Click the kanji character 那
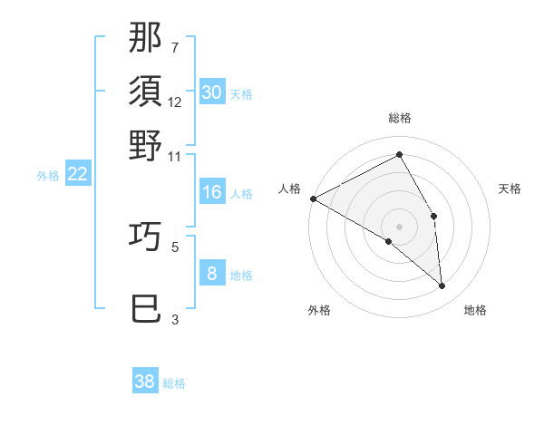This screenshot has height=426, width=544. click(145, 38)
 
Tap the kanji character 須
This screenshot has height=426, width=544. click(145, 92)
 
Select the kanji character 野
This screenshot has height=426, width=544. click(145, 145)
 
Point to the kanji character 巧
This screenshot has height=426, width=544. click(145, 236)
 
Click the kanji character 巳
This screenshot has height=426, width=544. click(145, 309)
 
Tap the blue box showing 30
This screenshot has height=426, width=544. click(212, 92)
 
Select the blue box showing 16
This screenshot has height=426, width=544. click(212, 192)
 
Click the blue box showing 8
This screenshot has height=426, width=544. click(212, 274)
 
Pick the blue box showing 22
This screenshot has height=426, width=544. click(78, 175)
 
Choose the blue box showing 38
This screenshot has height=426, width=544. click(145, 382)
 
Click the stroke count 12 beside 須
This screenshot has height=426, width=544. click(175, 102)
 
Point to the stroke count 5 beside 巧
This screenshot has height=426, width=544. click(175, 246)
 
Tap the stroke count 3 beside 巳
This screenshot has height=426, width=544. click(175, 319)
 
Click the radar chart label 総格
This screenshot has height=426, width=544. click(399, 119)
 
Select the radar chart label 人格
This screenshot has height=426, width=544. click(290, 189)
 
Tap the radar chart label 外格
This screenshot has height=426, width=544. click(319, 311)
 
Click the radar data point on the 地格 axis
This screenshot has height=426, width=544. click(442, 286)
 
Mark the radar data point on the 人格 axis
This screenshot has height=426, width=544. click(313, 198)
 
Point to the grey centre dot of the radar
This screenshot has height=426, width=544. click(399, 226)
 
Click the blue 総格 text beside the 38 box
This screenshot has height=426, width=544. click(174, 383)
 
